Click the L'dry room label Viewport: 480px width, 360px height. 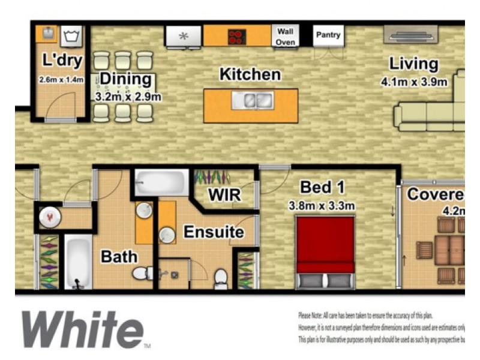click(62, 61)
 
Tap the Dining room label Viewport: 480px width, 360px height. click(125, 79)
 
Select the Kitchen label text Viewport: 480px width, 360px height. click(250, 75)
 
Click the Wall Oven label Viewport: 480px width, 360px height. click(285, 36)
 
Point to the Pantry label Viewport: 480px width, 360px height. click(328, 35)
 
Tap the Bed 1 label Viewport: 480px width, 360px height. click(324, 187)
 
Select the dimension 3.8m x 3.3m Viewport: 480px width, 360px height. click(322, 206)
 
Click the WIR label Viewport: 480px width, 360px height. click(224, 195)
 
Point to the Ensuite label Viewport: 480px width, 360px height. click(214, 232)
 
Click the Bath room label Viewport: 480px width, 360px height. click(119, 257)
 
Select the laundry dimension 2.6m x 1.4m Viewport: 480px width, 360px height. click(61, 79)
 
